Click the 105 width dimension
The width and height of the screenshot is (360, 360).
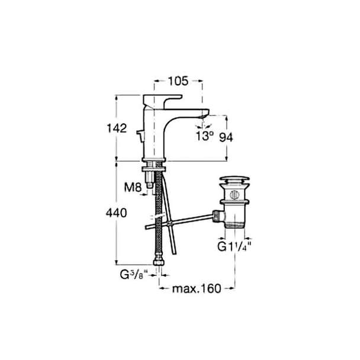click(178, 81)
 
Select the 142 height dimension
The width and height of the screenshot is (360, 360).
click(117, 128)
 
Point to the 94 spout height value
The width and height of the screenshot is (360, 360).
click(226, 137)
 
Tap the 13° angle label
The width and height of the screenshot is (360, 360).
click(205, 136)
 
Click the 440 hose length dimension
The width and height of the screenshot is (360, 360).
click(116, 213)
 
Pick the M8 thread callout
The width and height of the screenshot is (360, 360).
click(133, 187)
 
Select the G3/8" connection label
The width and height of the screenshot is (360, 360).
click(134, 275)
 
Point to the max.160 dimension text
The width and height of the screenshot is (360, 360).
click(197, 288)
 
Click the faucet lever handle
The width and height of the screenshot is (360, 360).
click(162, 101)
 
